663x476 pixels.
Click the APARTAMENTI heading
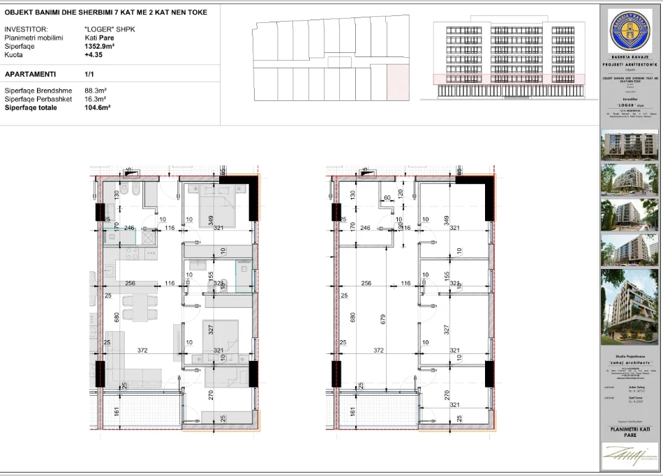pyautogui.click(x=31, y=73)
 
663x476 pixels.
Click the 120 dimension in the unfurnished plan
pyautogui.click(x=401, y=193)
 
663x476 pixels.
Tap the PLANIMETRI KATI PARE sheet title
pyautogui.click(x=630, y=432)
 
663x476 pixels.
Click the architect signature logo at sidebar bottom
pyautogui.click(x=630, y=456)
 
